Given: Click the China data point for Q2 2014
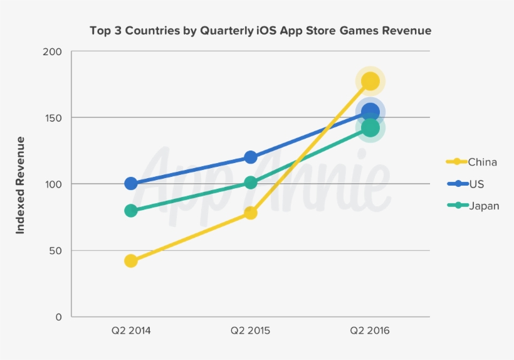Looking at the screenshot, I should [131, 261].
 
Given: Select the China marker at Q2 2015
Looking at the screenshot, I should [251, 213].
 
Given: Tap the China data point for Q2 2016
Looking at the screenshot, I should [370, 81].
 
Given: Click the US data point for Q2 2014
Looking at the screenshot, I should [131, 184].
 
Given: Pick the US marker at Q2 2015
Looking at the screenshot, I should [251, 157].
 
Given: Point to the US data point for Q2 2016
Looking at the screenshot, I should [370, 112].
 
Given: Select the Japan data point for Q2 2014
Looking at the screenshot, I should [131, 211].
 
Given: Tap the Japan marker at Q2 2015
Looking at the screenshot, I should [251, 183].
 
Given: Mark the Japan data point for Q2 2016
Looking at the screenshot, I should [370, 128].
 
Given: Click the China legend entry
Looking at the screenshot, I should [482, 162].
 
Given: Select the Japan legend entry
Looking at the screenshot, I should [484, 205].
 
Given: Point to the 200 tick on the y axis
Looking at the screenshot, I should [53, 52].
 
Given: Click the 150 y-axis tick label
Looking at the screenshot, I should [53, 118].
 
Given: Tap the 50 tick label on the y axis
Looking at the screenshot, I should [56, 251].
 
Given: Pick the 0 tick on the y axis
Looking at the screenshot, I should [59, 317].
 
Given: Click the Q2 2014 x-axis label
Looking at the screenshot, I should [131, 331].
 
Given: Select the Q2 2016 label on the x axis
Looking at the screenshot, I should [370, 331].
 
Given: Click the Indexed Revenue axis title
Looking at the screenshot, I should [20, 185].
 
